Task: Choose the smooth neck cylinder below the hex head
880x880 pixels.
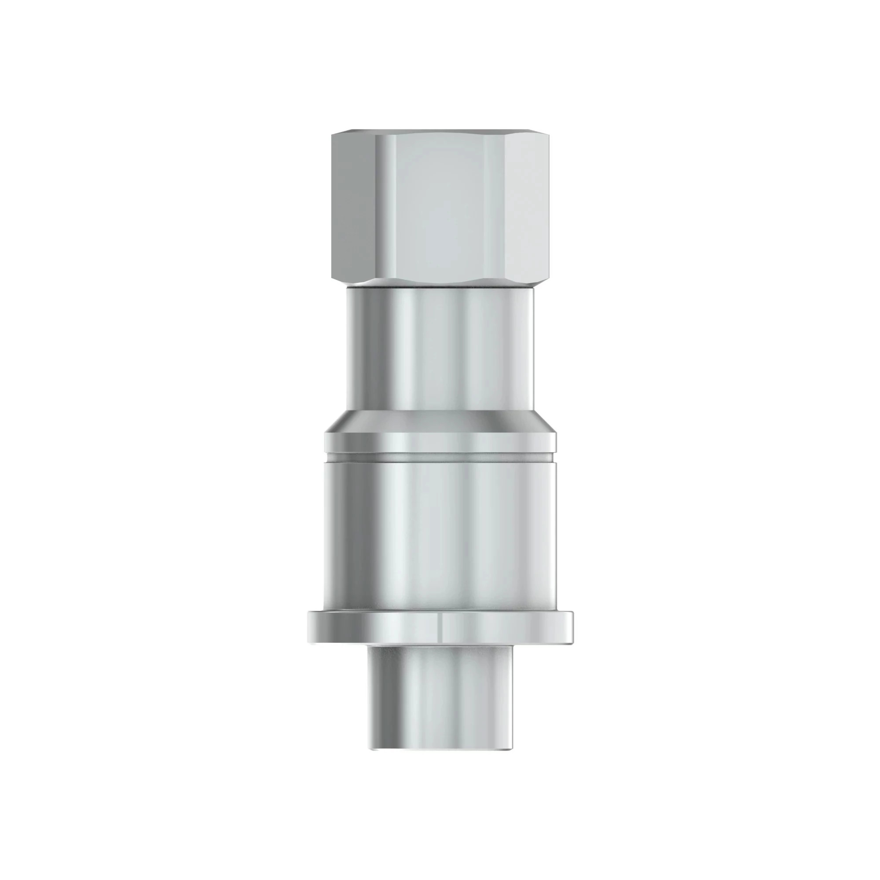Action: point(440,351)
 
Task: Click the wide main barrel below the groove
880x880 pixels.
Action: point(440,533)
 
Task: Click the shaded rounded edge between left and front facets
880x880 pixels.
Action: point(385,205)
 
